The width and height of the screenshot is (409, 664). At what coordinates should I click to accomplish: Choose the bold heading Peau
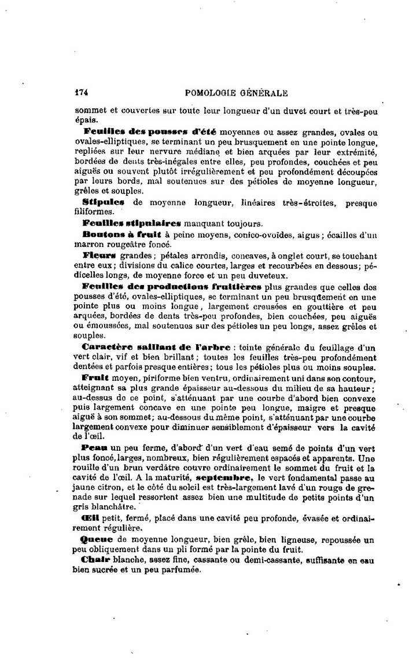pos(93,449)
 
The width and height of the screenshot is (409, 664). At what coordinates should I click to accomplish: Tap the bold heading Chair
pos(96,560)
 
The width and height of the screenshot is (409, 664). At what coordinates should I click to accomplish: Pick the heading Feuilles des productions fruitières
pos(171,287)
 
